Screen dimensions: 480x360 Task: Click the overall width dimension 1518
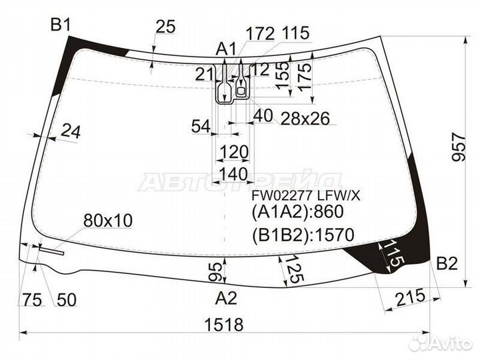[x=224, y=324]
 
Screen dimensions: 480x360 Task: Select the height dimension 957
[x=459, y=147]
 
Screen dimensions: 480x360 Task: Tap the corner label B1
[x=61, y=25]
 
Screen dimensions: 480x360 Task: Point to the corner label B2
[x=447, y=263]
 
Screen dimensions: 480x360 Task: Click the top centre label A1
[x=226, y=49]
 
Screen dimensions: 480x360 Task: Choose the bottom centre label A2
[x=226, y=298]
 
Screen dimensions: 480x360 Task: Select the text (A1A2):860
[x=297, y=212]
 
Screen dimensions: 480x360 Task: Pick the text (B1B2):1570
[x=303, y=235]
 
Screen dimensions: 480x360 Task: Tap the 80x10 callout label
[x=108, y=221]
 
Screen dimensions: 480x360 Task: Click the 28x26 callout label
[x=305, y=119]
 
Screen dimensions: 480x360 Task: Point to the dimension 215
[x=411, y=297]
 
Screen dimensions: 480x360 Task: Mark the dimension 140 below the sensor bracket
[x=233, y=174]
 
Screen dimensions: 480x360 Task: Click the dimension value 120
[x=234, y=152]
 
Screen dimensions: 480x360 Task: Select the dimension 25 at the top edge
[x=165, y=26]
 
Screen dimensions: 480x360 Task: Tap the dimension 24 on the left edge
[x=71, y=131]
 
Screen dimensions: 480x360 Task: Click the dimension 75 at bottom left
[x=32, y=299]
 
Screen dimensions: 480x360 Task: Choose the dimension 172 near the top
[x=260, y=34]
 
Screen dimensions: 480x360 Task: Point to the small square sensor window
[x=241, y=91]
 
